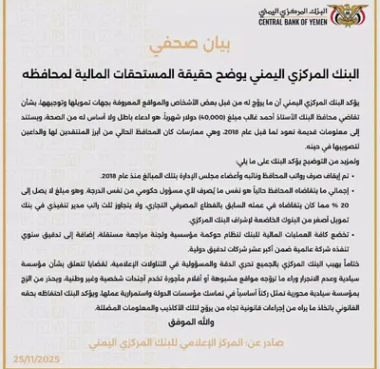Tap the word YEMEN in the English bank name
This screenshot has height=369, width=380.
pyautogui.click(x=305, y=29)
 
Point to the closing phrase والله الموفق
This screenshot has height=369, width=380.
pyautogui.click(x=190, y=323)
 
